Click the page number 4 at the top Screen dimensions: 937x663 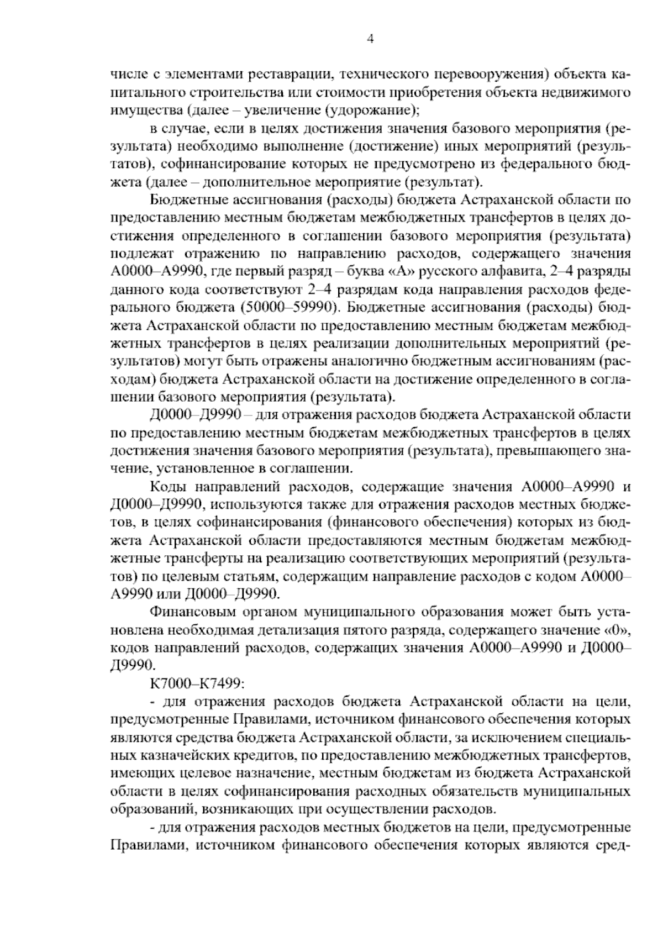pyautogui.click(x=370, y=39)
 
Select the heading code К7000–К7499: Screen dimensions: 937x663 pyautogui.click(x=196, y=684)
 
